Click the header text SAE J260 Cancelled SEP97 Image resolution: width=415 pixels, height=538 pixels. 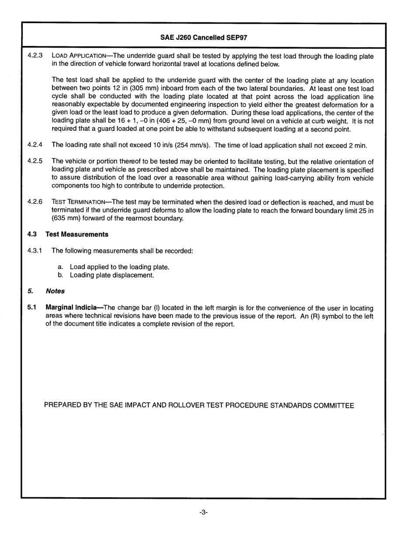(204, 38)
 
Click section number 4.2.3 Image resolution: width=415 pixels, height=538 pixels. (35, 56)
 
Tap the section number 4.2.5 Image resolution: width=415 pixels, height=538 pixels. (35, 161)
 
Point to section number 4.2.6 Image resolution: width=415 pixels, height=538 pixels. (35, 202)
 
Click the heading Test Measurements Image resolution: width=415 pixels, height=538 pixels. (77, 234)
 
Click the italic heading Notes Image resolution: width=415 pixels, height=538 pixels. (55, 291)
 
